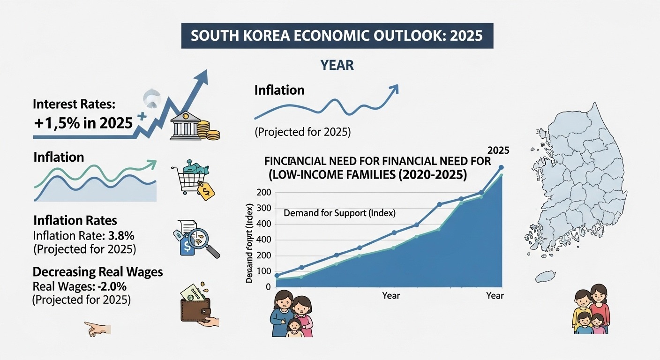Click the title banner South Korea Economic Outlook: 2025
(x=337, y=36)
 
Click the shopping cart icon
(x=187, y=177)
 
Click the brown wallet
(x=196, y=309)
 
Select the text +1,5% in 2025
(x=82, y=123)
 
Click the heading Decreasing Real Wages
(x=98, y=272)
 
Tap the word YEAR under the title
(x=337, y=65)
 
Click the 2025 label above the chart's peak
(x=498, y=150)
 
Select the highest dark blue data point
(x=501, y=167)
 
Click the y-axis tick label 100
(x=264, y=271)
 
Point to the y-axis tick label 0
(x=268, y=287)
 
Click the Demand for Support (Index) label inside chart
(x=340, y=213)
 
